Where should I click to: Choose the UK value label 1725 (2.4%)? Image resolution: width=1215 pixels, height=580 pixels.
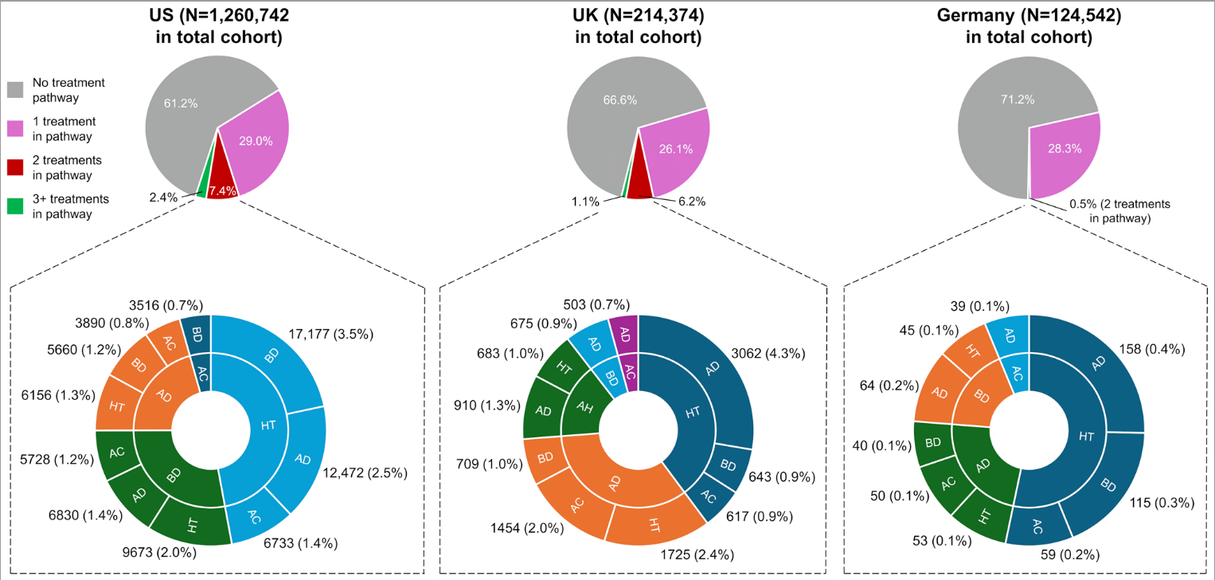tap(694, 555)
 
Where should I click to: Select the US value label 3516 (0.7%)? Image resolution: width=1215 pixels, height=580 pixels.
tap(166, 305)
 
